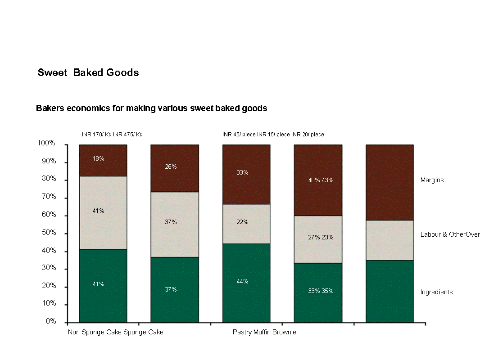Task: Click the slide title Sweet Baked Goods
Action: coord(88,72)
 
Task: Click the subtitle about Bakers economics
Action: coord(151,108)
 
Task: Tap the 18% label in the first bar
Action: coord(99,158)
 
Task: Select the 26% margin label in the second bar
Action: coord(171,166)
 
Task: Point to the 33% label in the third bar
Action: coord(242,172)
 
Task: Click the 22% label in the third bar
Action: coord(242,222)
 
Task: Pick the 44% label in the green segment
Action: coord(242,281)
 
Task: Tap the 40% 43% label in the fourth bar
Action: coord(321,180)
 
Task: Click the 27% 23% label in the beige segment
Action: coord(321,237)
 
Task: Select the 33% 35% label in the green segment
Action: coord(321,291)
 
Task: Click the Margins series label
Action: coord(432,180)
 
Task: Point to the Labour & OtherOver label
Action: coord(450,234)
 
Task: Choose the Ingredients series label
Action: coord(436,292)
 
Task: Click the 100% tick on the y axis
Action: coord(46,143)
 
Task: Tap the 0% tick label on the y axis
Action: coord(50,321)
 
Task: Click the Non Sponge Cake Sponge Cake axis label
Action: coord(115,332)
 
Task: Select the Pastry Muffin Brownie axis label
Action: coord(264,332)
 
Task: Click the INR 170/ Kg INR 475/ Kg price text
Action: coord(112,135)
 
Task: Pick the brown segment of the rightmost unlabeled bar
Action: coord(389,182)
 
